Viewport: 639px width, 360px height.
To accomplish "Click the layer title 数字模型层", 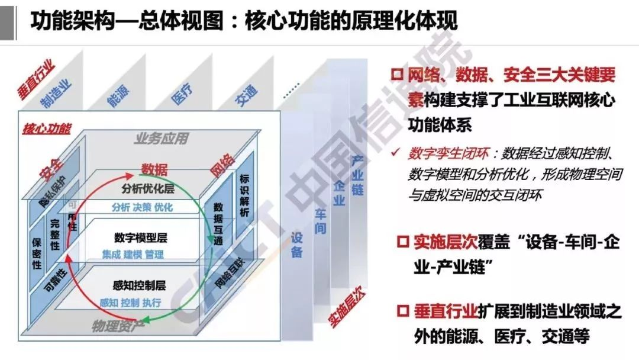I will (141, 239).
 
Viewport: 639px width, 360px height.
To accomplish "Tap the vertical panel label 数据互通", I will (218, 223).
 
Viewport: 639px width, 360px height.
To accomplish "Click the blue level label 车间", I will (320, 220).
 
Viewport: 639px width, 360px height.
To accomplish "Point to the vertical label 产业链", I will (357, 175).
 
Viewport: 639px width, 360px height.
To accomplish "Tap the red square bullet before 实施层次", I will (403, 243).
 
